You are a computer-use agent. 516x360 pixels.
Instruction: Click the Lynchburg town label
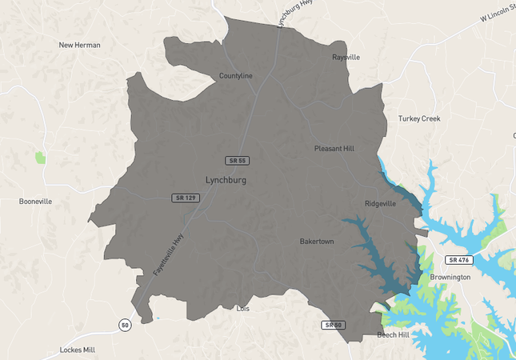(x=226, y=180)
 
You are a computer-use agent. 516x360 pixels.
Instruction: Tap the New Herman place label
(x=80, y=45)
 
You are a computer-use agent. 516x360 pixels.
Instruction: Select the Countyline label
(x=236, y=76)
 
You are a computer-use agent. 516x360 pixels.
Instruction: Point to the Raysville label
(x=346, y=58)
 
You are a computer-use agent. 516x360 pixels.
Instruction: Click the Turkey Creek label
(x=419, y=118)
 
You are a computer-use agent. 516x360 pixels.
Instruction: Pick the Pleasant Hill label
(x=334, y=149)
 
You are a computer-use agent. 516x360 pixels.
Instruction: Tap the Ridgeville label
(x=380, y=204)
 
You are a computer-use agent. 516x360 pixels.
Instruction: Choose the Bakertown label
(x=317, y=241)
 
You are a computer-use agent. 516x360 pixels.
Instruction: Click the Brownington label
(x=450, y=277)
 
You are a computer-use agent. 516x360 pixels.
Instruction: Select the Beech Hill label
(x=393, y=334)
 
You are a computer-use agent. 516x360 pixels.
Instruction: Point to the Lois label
(x=244, y=308)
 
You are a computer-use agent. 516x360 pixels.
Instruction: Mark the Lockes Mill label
(x=78, y=350)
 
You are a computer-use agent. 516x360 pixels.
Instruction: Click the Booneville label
(x=35, y=202)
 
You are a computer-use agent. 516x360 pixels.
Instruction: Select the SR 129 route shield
(x=185, y=198)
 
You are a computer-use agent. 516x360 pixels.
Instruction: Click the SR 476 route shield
(x=460, y=260)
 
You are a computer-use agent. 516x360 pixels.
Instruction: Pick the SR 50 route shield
(x=334, y=325)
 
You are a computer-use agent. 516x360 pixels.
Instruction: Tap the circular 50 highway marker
(x=124, y=324)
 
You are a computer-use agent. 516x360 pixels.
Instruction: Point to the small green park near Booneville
(x=41, y=158)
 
